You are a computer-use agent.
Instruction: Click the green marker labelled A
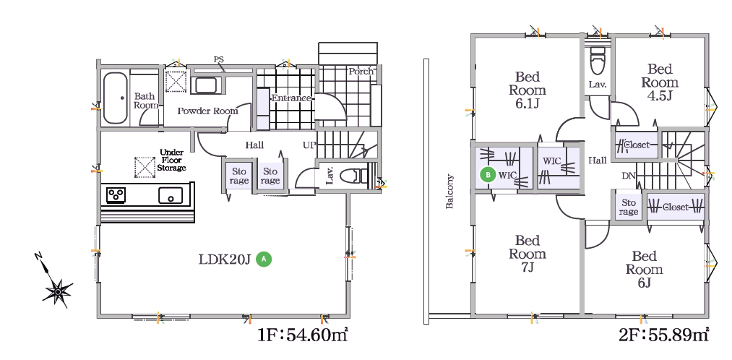tap(264, 259)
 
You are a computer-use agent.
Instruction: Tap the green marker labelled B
tap(488, 175)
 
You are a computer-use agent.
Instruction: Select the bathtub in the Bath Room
tap(116, 98)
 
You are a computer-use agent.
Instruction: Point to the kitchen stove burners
tap(116, 194)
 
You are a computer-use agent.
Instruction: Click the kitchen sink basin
tap(171, 194)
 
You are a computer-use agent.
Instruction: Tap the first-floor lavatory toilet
tap(354, 176)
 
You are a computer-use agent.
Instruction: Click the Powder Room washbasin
tap(205, 86)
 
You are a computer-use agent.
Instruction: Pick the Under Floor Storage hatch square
tap(145, 167)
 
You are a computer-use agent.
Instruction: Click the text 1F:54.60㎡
tap(303, 334)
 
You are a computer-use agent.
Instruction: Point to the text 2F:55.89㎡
tap(663, 334)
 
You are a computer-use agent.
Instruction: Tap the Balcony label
tap(449, 192)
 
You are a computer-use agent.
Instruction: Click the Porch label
tap(361, 72)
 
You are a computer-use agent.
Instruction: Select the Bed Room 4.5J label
tap(659, 82)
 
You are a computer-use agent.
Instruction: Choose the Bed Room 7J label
tap(528, 254)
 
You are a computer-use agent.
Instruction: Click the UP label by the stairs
tap(309, 145)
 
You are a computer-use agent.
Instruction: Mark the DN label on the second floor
tap(628, 176)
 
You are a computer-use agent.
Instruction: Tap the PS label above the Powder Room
tap(218, 60)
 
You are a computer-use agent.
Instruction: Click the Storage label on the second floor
tap(629, 207)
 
